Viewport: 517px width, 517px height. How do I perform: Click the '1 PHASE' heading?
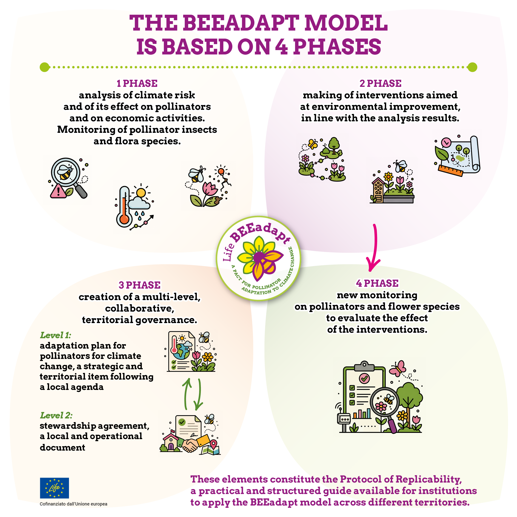(x=137, y=83)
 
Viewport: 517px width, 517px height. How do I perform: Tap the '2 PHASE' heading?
(x=380, y=83)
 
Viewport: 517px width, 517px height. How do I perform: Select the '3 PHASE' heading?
(x=139, y=285)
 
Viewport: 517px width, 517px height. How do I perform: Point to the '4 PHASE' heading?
(x=377, y=283)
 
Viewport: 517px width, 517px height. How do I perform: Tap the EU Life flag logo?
(x=54, y=488)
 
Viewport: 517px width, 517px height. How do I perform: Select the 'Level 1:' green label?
(x=55, y=335)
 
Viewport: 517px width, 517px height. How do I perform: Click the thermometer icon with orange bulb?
(x=124, y=207)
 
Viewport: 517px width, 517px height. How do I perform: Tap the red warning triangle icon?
(x=58, y=191)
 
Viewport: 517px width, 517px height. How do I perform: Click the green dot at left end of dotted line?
(x=45, y=67)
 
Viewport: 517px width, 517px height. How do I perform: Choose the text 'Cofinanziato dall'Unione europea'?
(x=74, y=504)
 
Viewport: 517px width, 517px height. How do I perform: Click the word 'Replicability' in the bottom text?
(x=429, y=479)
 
